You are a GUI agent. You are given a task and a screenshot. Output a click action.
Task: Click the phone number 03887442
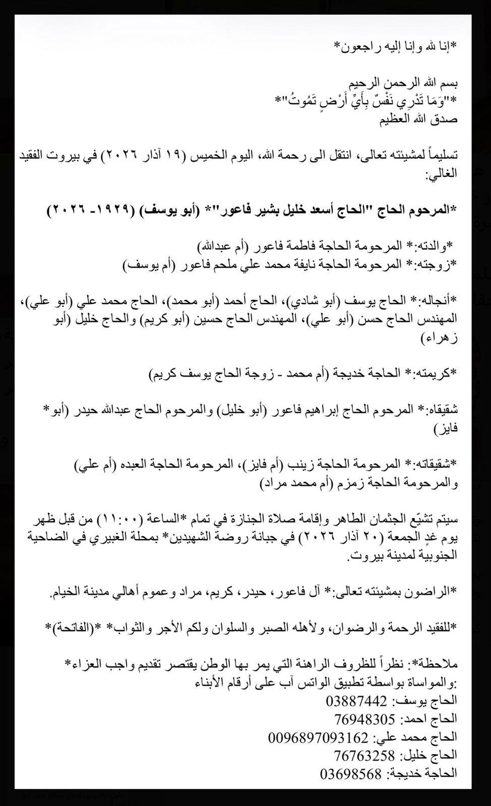[x=356, y=701]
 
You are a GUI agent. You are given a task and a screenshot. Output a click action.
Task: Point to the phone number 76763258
[x=364, y=756]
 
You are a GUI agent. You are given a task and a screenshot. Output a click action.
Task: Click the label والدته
[x=434, y=246]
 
